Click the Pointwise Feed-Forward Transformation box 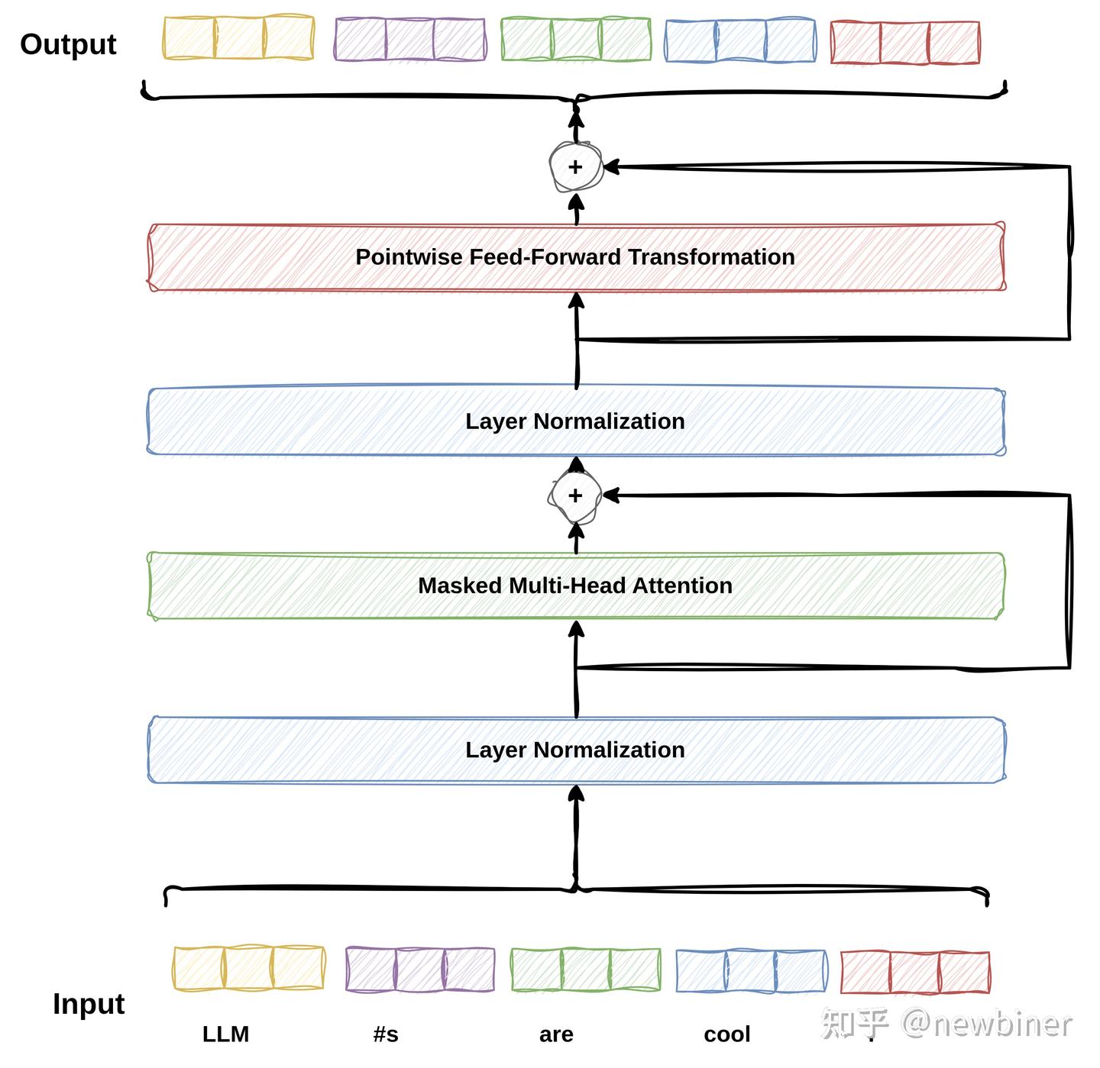click(x=576, y=257)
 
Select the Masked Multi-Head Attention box click(x=576, y=586)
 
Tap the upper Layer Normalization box click(x=576, y=421)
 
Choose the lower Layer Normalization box click(x=576, y=750)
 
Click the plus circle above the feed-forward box click(x=576, y=166)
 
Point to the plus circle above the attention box click(x=575, y=495)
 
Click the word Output click(x=68, y=44)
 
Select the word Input click(x=89, y=1004)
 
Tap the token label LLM click(x=225, y=1034)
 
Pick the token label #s click(x=386, y=1034)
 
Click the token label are click(x=556, y=1034)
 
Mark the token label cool click(x=727, y=1034)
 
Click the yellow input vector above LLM click(x=248, y=968)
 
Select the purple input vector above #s click(x=420, y=969)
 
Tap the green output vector click(x=576, y=39)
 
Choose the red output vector click(x=905, y=43)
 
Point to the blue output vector click(x=740, y=40)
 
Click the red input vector click(x=915, y=972)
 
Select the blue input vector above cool click(x=751, y=970)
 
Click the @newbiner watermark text click(x=987, y=1024)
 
